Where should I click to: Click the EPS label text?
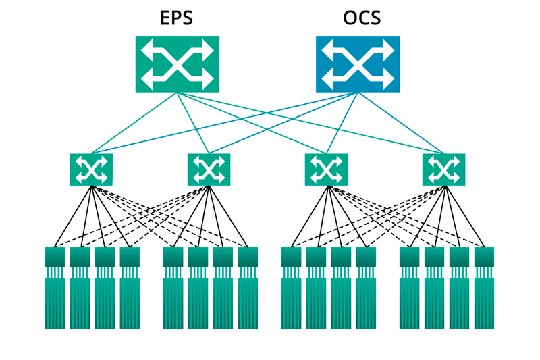[x=176, y=18]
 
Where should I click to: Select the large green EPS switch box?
[x=178, y=64]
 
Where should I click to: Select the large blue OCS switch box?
[x=358, y=64]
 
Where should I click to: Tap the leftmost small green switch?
[x=91, y=170]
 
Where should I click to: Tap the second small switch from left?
[x=209, y=170]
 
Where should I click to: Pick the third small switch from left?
[x=326, y=170]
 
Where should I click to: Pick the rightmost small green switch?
[x=443, y=170]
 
